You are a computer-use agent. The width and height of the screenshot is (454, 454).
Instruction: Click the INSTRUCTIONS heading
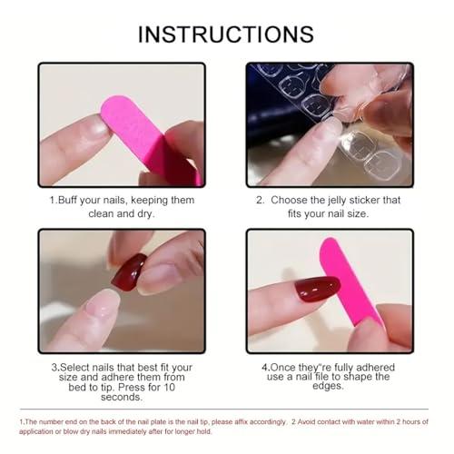click(x=226, y=35)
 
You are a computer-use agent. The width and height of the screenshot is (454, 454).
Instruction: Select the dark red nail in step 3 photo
click(x=129, y=271)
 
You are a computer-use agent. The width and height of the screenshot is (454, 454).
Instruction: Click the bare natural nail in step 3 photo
click(x=102, y=304)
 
